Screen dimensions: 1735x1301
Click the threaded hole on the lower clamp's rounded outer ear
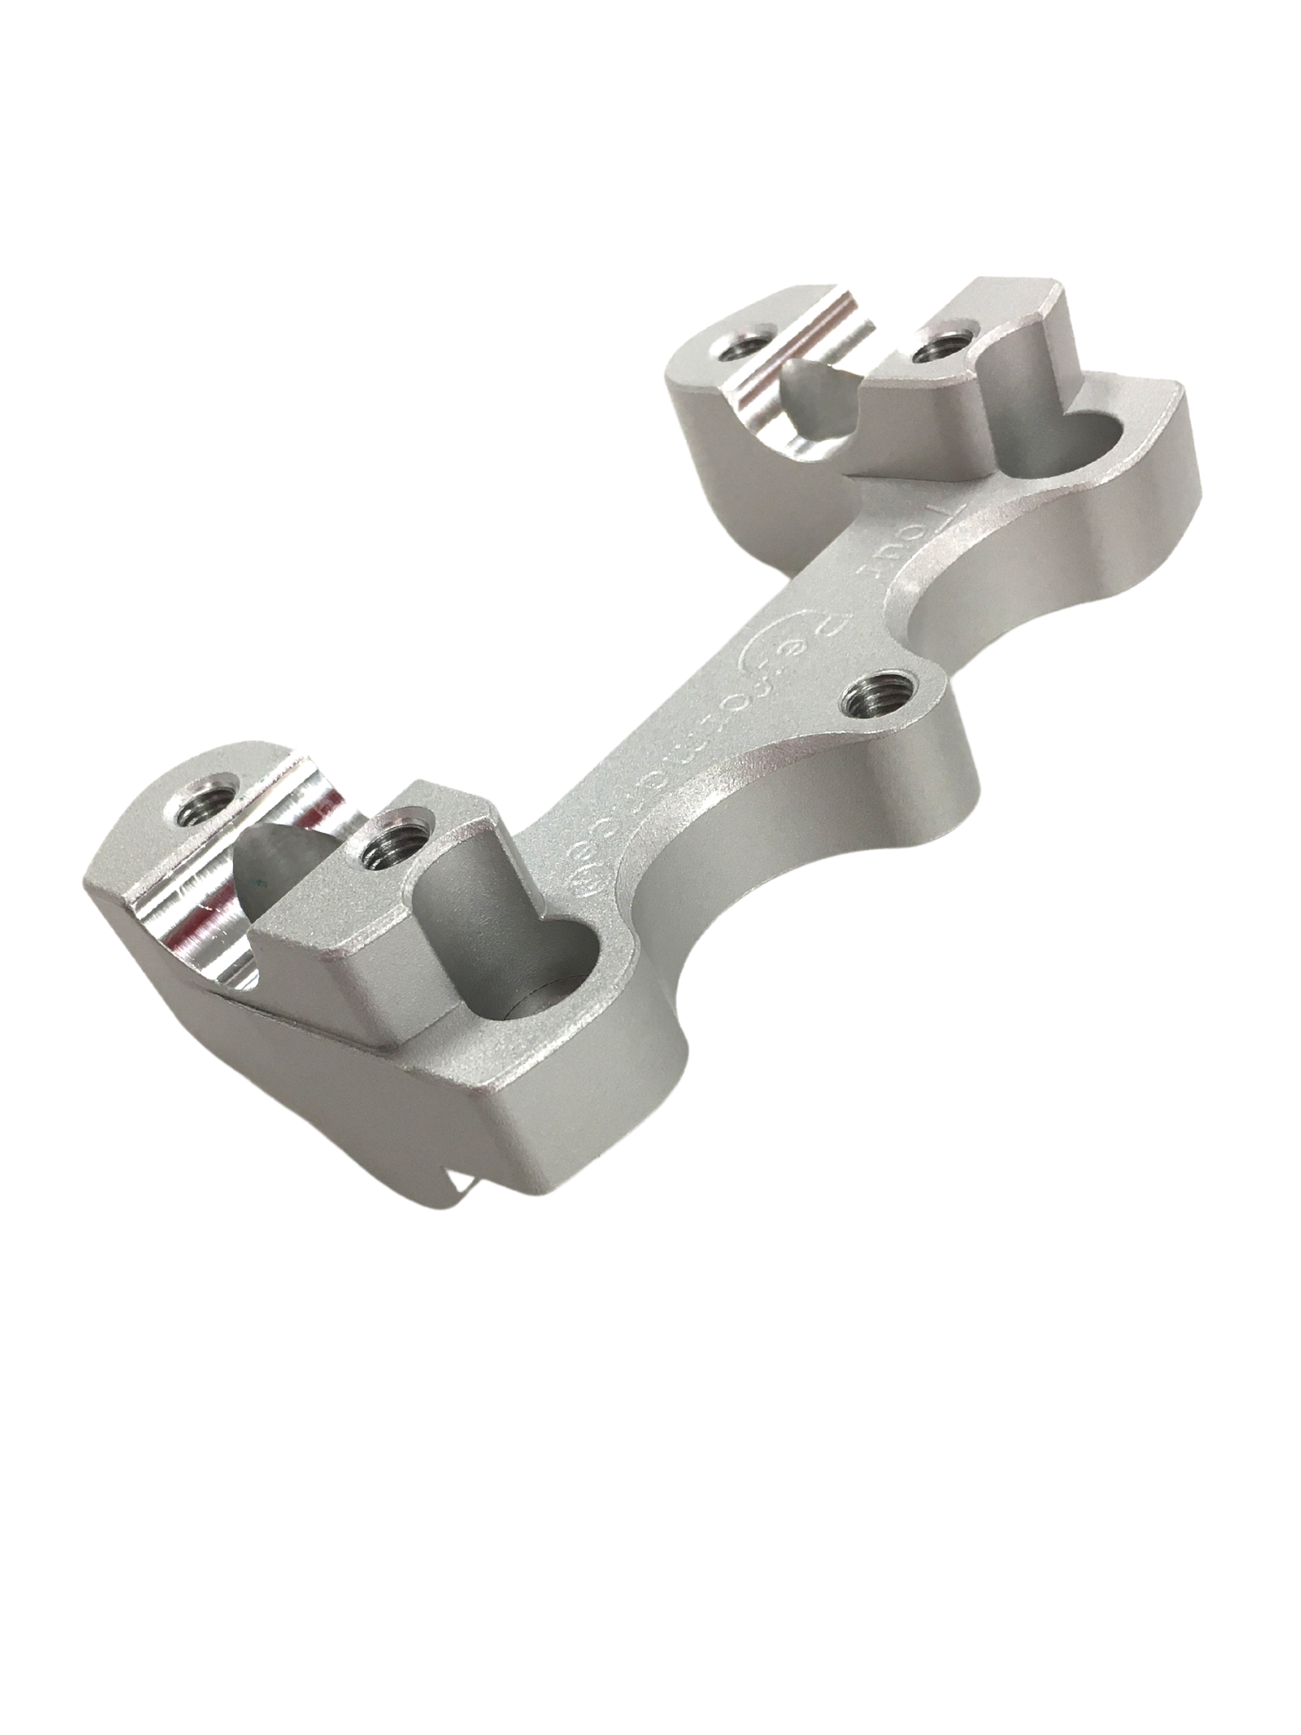pos(200,812)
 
